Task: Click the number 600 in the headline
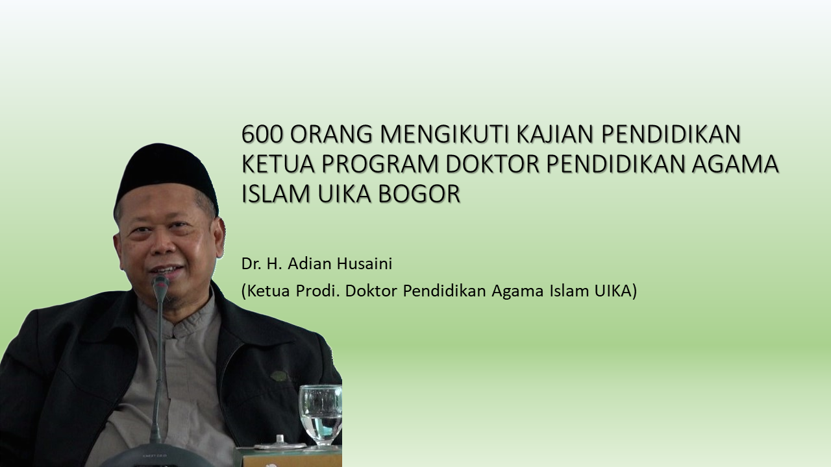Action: pyautogui.click(x=262, y=134)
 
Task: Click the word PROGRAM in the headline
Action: pyautogui.click(x=380, y=164)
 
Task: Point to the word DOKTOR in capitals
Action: pyautogui.click(x=492, y=164)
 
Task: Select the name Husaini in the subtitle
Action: pyautogui.click(x=364, y=264)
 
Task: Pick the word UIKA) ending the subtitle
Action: pyautogui.click(x=616, y=291)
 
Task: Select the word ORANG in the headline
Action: pyautogui.click(x=331, y=134)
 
